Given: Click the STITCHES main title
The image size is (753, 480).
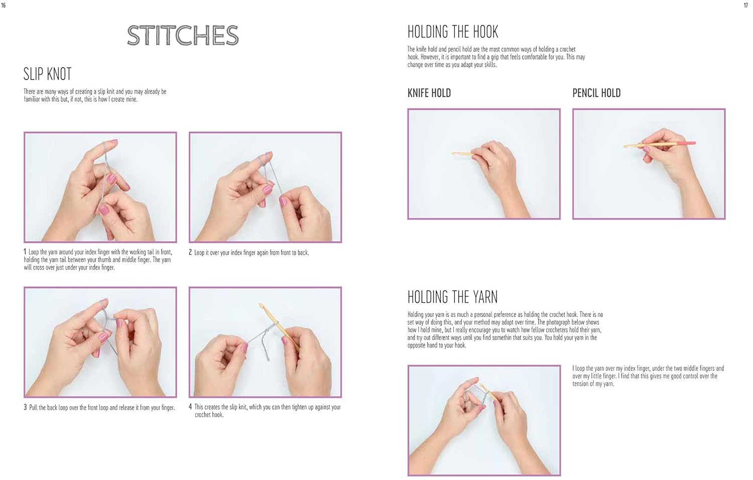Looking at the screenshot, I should click(x=183, y=36).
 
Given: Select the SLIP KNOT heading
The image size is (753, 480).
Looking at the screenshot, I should click(x=47, y=74).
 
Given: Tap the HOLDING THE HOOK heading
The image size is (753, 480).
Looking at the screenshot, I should click(x=452, y=32).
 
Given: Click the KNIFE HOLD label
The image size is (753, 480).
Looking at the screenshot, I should click(x=429, y=93).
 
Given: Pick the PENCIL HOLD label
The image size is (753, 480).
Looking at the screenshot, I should click(x=596, y=93).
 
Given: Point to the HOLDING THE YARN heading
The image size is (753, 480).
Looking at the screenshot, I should click(x=452, y=297).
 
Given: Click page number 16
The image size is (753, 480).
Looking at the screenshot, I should click(x=4, y=6).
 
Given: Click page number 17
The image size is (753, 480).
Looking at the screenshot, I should click(x=745, y=6).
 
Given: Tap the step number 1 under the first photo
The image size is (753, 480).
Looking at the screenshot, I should click(x=25, y=252).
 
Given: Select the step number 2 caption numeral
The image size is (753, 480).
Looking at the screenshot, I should click(x=190, y=253).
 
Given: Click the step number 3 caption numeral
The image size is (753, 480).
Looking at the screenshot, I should click(x=25, y=407).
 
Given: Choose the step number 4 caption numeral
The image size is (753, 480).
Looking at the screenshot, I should click(x=190, y=407).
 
